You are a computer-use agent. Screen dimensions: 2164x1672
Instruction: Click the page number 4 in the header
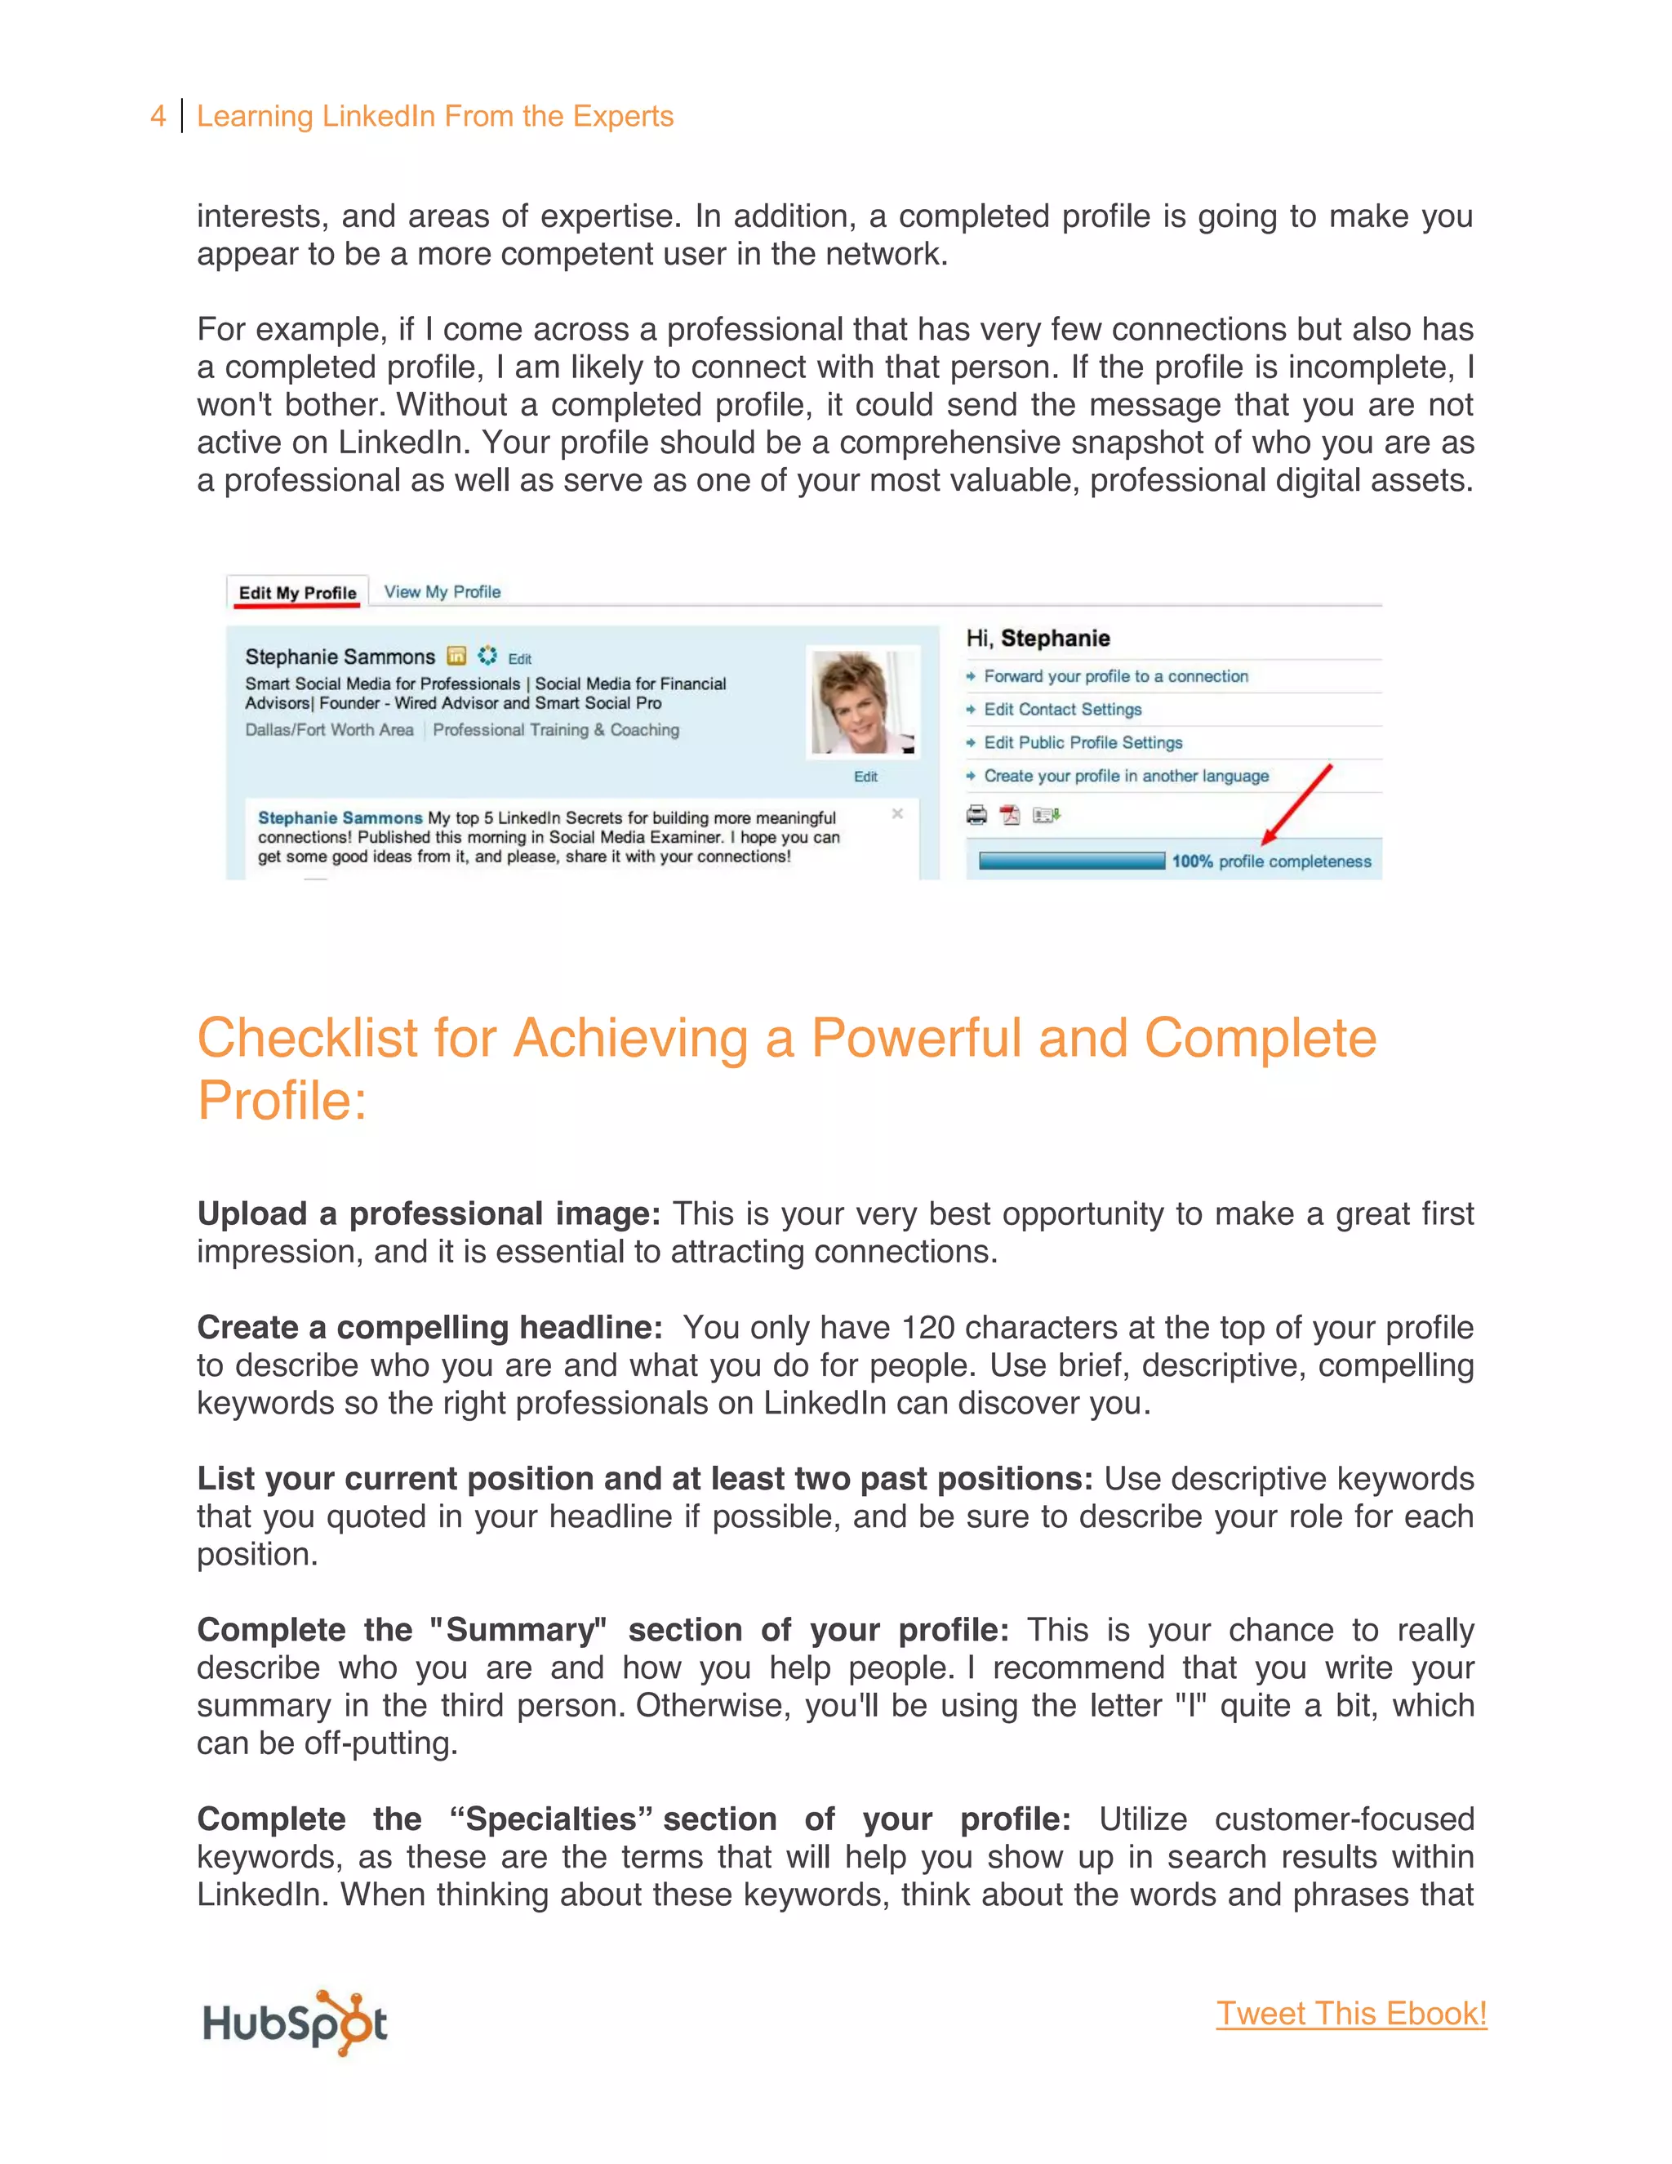click(158, 116)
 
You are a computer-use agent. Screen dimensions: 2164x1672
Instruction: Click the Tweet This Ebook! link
click(1351, 2014)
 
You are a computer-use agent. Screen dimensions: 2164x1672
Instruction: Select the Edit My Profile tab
click(297, 593)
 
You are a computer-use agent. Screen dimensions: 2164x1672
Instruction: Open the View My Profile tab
click(442, 591)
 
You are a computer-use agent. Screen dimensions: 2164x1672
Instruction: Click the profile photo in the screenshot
click(863, 702)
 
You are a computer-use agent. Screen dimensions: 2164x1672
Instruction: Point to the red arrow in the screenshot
click(1297, 803)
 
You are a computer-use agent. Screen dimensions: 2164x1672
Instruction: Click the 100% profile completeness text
click(1271, 861)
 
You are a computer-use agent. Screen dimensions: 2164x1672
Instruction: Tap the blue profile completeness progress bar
click(1071, 861)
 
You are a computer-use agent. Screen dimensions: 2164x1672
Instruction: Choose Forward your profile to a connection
click(1115, 676)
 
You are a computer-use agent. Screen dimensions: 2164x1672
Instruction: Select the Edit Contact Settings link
click(1062, 710)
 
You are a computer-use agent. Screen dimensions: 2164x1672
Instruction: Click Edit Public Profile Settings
click(1083, 742)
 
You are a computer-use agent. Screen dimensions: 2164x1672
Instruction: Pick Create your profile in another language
click(1125, 776)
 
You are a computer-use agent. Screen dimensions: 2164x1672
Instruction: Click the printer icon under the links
click(976, 816)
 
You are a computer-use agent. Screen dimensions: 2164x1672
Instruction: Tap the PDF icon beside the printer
click(1009, 816)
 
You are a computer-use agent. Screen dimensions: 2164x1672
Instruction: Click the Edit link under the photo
click(865, 777)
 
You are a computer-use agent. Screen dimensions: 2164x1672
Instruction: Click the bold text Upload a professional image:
click(428, 1213)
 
